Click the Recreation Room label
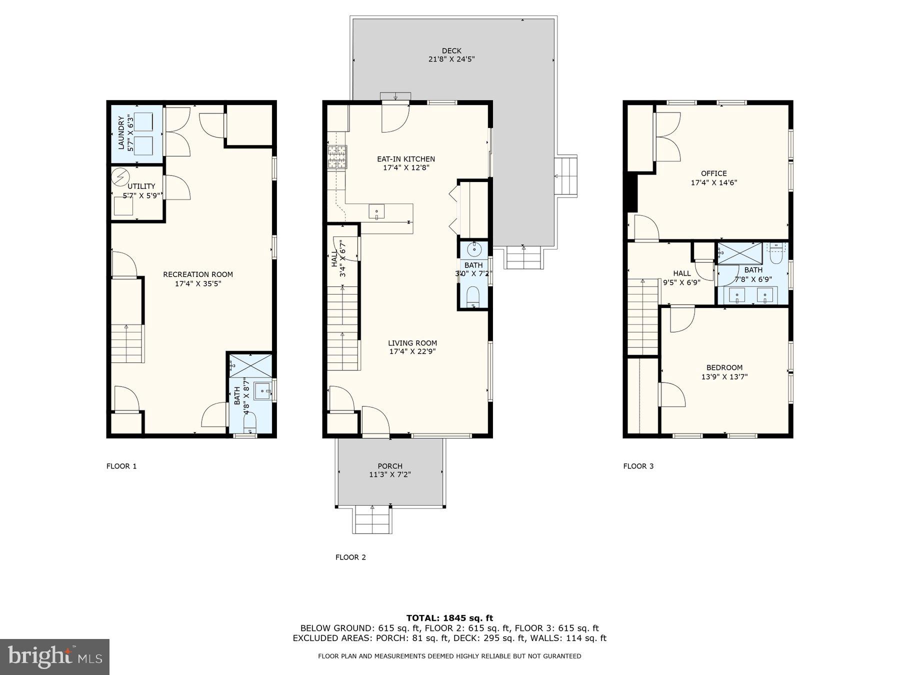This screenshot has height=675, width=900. (198, 274)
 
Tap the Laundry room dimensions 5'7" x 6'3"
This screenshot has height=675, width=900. (131, 133)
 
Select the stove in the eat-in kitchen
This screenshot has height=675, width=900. (336, 157)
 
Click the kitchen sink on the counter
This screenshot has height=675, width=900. (376, 212)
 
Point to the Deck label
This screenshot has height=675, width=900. (451, 50)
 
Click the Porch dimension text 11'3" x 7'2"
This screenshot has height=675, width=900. (390, 474)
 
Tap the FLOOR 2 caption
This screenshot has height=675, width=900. (350, 557)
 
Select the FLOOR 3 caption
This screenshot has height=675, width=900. (638, 466)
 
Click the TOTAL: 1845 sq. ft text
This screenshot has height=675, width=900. (449, 618)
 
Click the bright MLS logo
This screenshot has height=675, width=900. (54, 656)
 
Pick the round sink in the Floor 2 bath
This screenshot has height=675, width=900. (473, 248)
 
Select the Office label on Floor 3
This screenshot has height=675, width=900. (713, 173)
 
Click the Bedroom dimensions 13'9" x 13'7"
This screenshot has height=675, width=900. (724, 377)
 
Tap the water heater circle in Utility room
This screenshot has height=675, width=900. (120, 177)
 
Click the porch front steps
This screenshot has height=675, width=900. (372, 520)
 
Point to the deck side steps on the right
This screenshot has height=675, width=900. (566, 176)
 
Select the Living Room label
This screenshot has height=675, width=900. (412, 343)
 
